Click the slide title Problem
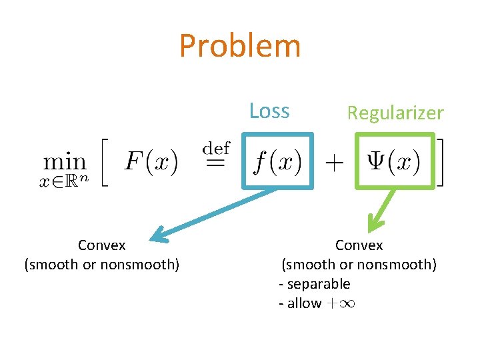[x=240, y=47]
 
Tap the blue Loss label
[x=269, y=111]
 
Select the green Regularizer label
[x=395, y=113]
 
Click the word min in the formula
[x=65, y=161]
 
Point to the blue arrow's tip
[x=154, y=236]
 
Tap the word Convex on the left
[x=101, y=245]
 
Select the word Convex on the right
[x=359, y=245]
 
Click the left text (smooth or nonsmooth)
[x=101, y=265]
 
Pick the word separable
[x=318, y=284]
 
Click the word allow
[x=303, y=303]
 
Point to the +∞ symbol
[x=341, y=304]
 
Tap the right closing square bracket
[x=440, y=162]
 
